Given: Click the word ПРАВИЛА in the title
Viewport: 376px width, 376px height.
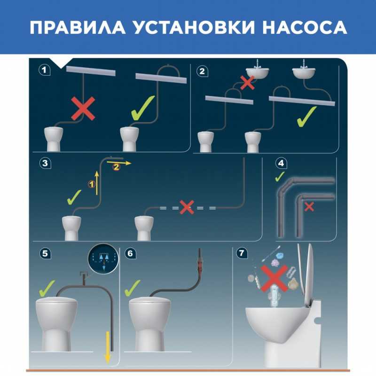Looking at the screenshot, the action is pos(78,27).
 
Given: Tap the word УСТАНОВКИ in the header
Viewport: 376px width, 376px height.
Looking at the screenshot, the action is pos(194,27).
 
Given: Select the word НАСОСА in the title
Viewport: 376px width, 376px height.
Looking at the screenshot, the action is pos(305,27).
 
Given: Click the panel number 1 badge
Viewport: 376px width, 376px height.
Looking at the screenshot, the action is pos(44,70).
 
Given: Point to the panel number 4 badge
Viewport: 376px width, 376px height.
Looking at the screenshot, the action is pos(281,163).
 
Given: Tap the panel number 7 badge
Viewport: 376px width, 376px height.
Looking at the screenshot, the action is pos(242,253).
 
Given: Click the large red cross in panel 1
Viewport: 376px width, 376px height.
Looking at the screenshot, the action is pos(83,109).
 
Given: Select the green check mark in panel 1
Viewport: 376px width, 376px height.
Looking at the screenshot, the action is pos(143,108).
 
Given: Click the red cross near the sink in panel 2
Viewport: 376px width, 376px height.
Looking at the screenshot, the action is pos(247,83).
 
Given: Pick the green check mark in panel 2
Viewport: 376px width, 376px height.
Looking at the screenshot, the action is pos(306,117).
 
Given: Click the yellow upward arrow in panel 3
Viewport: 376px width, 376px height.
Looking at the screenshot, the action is pos(97,183).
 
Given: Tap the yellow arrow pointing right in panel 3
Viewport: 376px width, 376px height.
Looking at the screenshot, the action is pos(119,163).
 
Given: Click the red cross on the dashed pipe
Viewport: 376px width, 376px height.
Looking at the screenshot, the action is pos(187,207).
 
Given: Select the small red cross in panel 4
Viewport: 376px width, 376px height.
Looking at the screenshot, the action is pos(309,207).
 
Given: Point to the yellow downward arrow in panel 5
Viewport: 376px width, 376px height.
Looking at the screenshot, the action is pos(108,348).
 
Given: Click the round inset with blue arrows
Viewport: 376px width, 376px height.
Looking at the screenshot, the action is pos(103,259).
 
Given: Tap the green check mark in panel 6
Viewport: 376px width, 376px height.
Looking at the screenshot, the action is pos(133,288).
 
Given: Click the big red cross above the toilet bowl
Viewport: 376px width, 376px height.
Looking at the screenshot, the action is pos(274,278).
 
